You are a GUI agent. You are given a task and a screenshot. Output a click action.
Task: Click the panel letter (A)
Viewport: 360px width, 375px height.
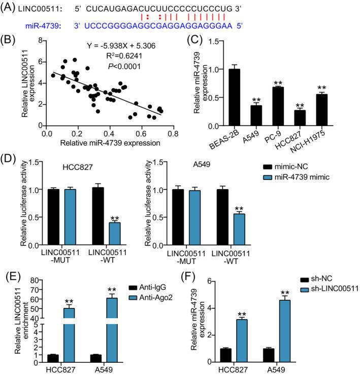[11, 6]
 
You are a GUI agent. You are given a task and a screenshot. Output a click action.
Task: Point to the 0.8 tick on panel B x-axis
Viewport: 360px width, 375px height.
[174, 132]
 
